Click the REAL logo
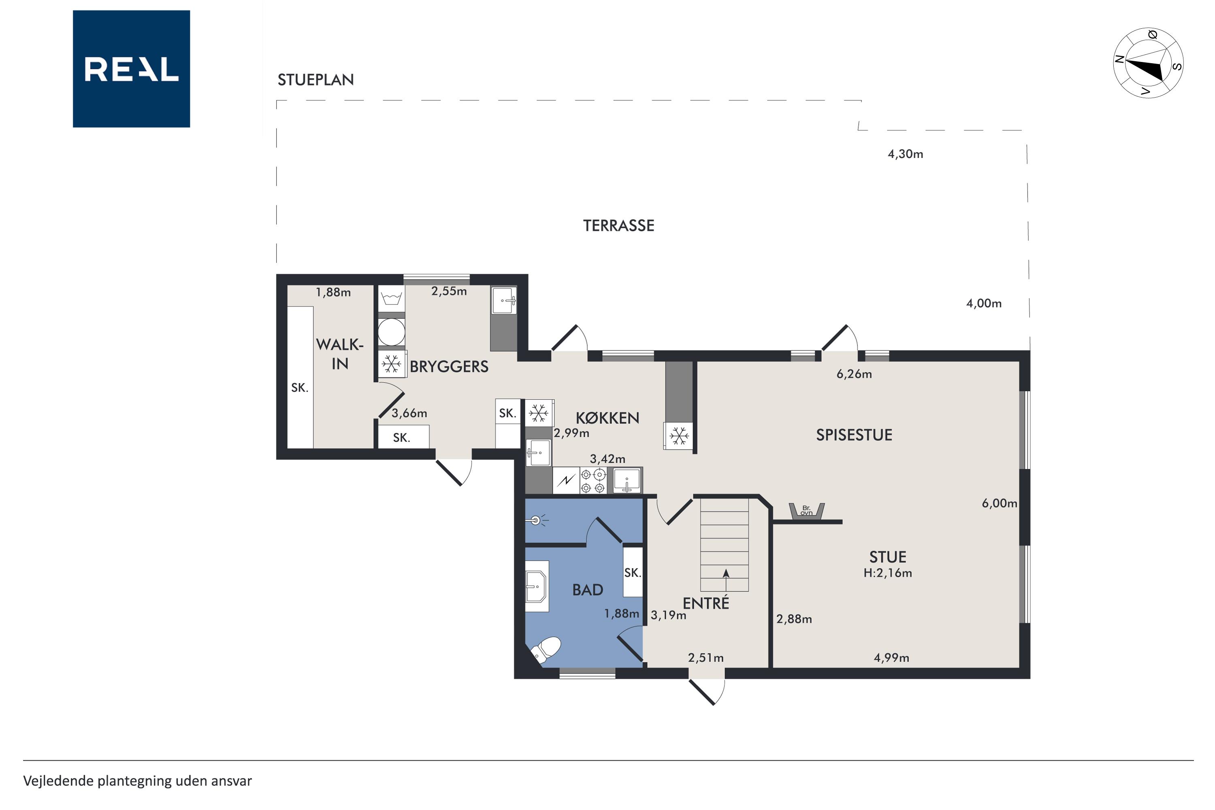point(131,69)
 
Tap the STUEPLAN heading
point(315,79)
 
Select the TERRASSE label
point(618,226)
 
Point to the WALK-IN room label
point(340,354)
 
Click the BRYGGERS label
point(449,367)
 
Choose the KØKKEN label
point(607,418)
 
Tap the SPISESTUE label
point(854,435)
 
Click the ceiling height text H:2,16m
point(887,573)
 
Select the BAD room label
point(587,590)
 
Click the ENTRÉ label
point(706,603)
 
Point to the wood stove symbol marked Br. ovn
point(806,510)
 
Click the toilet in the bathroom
point(546,649)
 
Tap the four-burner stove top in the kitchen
point(593,481)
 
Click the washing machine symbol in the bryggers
point(391,332)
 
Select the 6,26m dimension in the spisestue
point(854,374)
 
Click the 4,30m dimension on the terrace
point(905,154)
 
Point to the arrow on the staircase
point(726,580)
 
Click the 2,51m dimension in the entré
point(706,658)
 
